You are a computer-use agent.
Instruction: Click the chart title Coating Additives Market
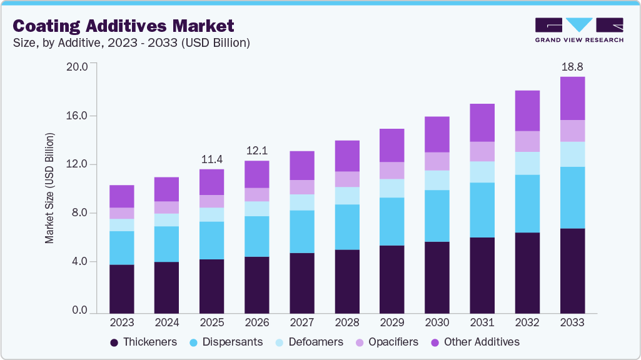(124, 26)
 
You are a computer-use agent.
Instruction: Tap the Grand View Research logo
(579, 29)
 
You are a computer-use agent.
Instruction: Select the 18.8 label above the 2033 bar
(572, 66)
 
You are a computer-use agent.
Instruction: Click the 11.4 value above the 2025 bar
(212, 159)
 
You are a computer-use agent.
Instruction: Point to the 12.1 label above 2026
(257, 151)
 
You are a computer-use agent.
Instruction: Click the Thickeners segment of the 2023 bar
(122, 289)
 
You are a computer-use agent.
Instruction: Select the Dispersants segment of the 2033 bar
(572, 197)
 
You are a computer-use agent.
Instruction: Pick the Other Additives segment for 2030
(437, 134)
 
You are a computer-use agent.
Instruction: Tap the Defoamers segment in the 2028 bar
(347, 196)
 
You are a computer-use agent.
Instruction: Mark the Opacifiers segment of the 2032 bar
(527, 141)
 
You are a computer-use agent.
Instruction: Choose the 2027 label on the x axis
(302, 322)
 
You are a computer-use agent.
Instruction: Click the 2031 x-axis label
(482, 322)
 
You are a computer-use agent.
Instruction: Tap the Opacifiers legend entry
(387, 342)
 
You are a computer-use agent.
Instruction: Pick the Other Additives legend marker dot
(435, 342)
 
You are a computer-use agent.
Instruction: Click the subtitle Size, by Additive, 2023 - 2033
(131, 43)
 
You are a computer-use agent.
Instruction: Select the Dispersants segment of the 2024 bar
(167, 244)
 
